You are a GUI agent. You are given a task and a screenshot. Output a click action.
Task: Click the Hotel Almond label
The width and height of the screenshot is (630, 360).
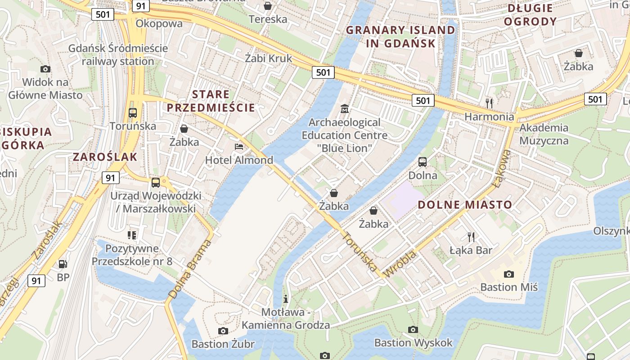(239, 160)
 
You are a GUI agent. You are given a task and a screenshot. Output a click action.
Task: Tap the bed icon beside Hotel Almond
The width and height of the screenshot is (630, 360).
(239, 147)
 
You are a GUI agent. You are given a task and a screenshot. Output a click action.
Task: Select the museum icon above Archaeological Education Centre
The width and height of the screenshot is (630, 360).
(345, 108)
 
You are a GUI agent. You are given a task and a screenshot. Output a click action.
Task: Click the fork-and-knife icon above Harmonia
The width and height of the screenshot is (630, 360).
(489, 103)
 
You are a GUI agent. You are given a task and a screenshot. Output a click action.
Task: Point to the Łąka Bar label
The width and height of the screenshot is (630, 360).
(471, 250)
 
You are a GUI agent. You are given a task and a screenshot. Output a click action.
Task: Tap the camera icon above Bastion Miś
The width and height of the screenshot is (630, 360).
(509, 274)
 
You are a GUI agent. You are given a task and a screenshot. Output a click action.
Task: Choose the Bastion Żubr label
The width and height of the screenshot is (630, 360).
(223, 344)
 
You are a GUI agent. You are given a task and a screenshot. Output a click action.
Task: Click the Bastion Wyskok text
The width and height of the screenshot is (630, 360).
(414, 343)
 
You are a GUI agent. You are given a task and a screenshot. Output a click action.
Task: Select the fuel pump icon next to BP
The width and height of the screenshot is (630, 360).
(63, 264)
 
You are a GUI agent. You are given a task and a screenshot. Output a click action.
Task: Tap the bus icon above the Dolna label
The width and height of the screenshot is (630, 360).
(423, 162)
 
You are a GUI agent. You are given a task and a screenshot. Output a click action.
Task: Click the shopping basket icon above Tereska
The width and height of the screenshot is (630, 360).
(268, 6)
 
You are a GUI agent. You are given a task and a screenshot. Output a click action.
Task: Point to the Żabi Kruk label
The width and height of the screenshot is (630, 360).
(269, 58)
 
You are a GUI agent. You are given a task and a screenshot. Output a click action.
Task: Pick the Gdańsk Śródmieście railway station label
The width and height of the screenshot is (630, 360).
(118, 54)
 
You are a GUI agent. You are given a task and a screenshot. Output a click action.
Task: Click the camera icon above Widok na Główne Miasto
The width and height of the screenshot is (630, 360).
(45, 69)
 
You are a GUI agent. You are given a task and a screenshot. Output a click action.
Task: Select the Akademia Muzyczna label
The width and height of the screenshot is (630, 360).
(544, 134)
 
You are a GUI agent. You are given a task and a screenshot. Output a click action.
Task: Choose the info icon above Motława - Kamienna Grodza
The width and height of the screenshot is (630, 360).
(285, 298)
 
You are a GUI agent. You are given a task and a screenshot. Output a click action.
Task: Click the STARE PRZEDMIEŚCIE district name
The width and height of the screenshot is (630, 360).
(211, 101)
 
